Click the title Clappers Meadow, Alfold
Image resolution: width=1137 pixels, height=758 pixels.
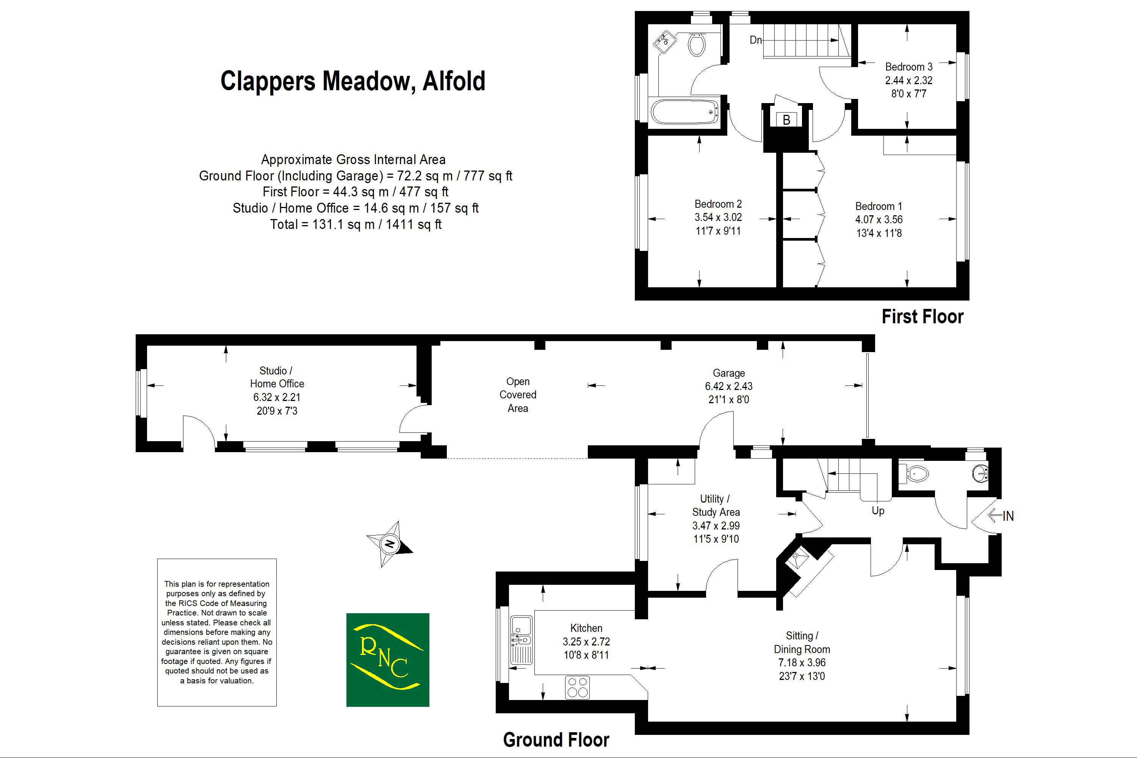(x=352, y=81)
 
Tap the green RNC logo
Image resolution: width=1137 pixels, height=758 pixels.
(x=388, y=659)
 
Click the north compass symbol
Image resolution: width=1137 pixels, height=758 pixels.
(x=390, y=544)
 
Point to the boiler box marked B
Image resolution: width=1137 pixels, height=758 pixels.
(x=786, y=120)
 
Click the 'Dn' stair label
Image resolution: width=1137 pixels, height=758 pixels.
(x=756, y=40)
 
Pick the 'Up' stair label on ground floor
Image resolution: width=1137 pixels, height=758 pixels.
(x=878, y=511)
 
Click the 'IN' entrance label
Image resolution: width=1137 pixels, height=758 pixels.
(x=1007, y=516)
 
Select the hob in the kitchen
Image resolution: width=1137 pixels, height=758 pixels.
(x=577, y=687)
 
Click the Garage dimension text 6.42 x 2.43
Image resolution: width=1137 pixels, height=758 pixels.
(x=728, y=386)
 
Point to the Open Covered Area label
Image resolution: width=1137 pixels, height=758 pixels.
(x=518, y=395)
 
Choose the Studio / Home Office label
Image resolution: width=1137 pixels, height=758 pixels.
(x=277, y=377)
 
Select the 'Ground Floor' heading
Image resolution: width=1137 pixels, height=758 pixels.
(x=556, y=740)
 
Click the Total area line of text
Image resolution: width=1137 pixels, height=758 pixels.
(x=356, y=224)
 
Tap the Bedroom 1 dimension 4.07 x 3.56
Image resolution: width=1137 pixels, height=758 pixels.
(x=879, y=219)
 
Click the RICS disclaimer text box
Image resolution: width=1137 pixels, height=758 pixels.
(x=216, y=632)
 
